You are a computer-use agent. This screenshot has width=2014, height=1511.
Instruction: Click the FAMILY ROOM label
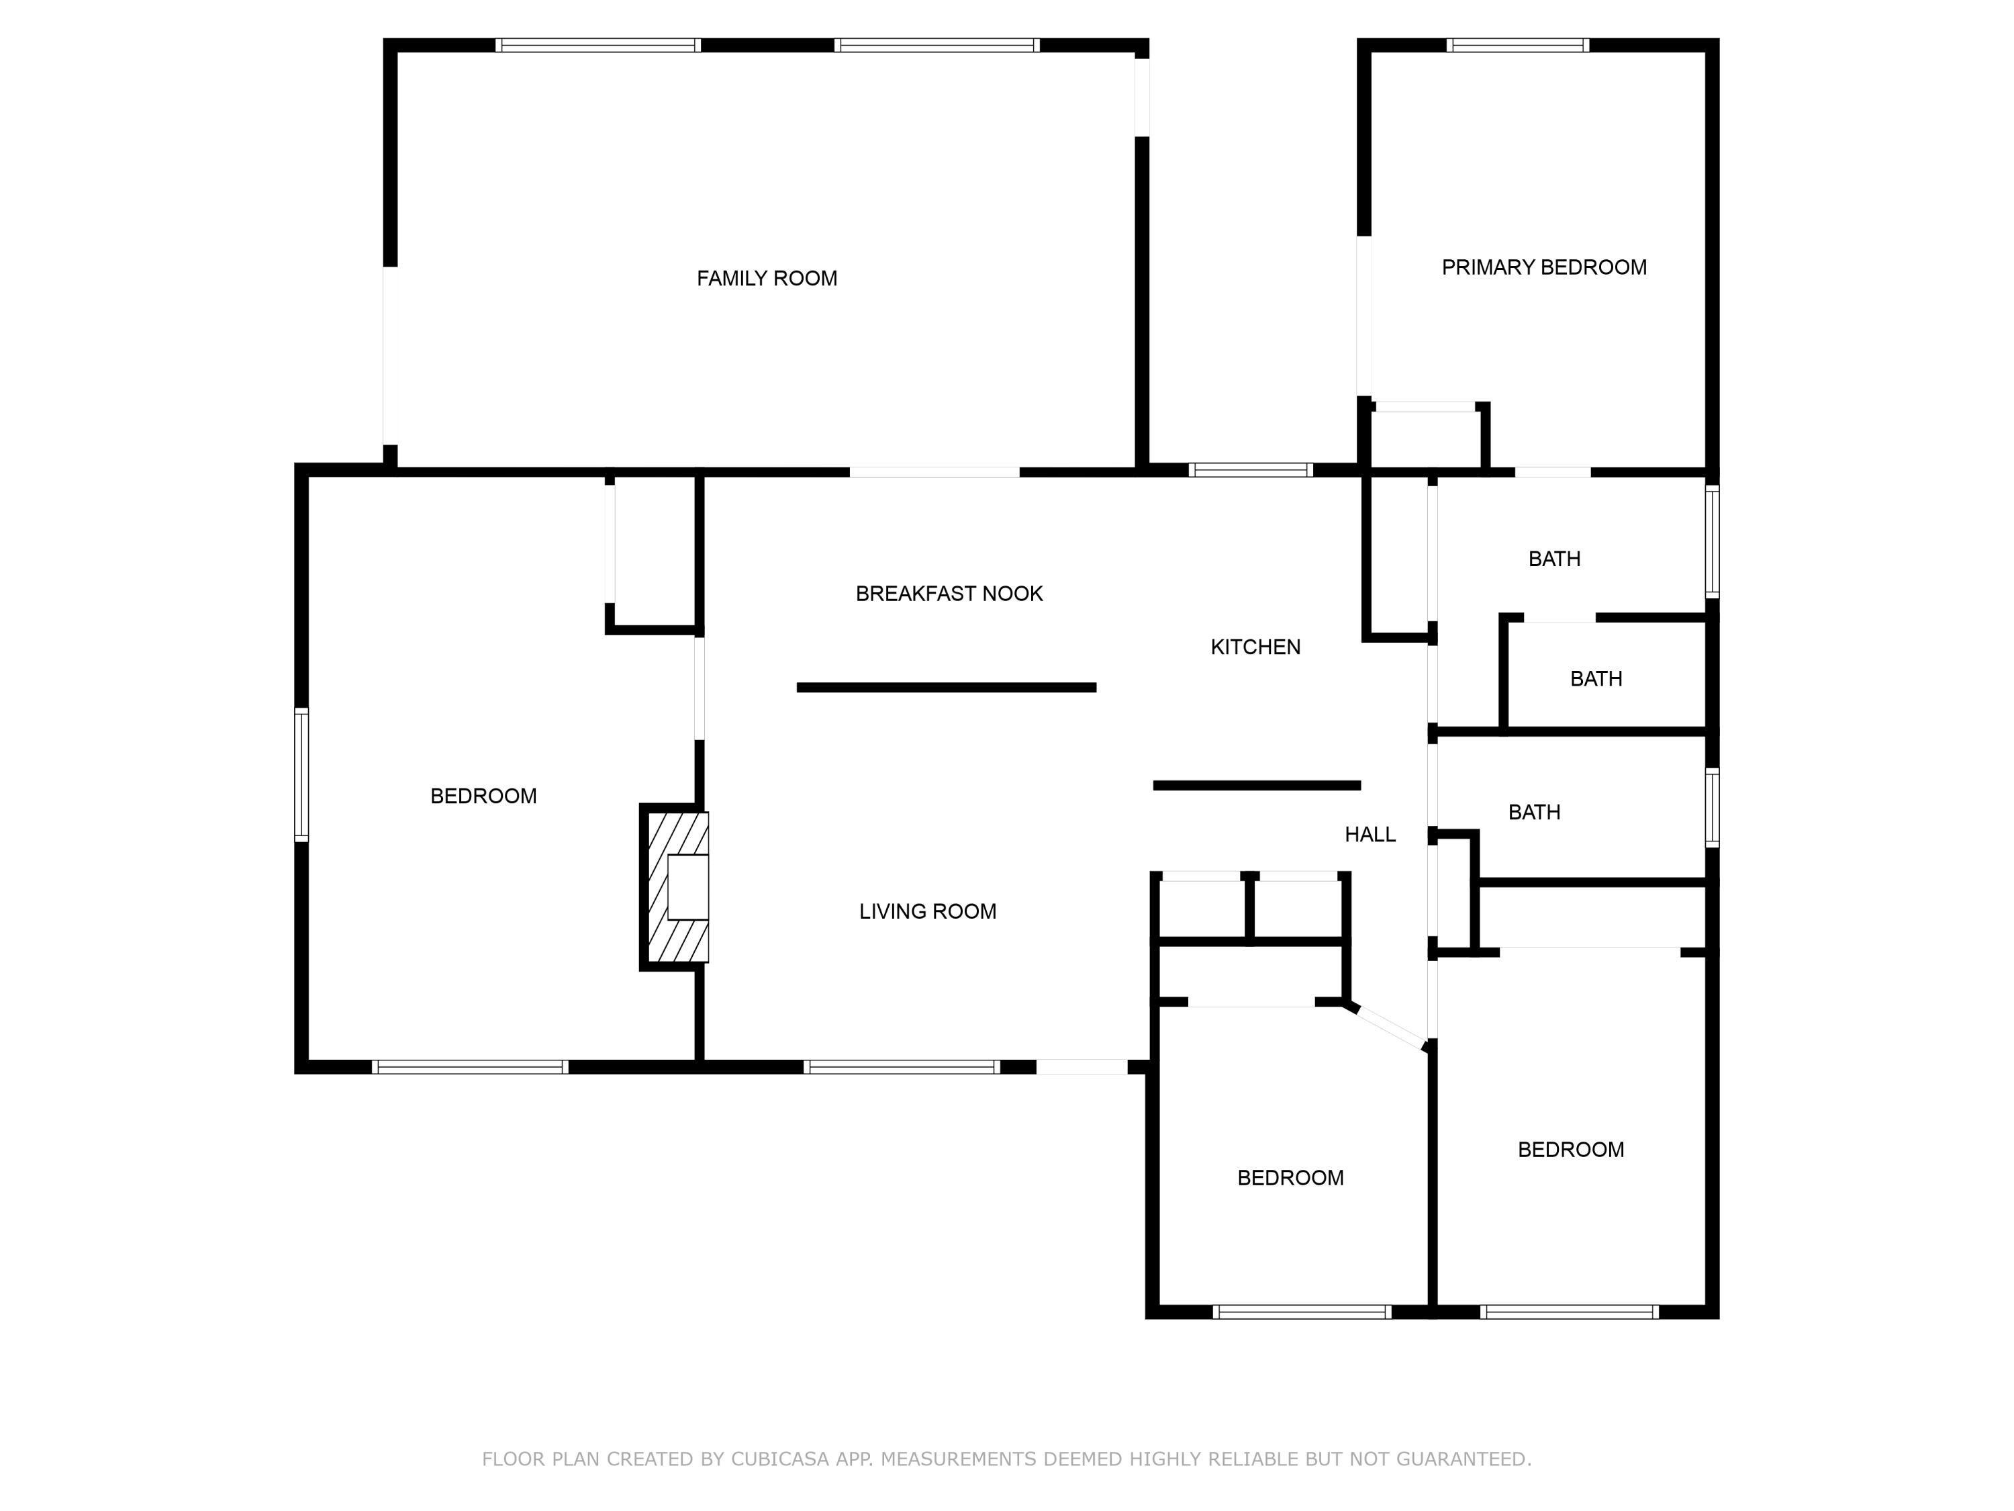click(x=767, y=279)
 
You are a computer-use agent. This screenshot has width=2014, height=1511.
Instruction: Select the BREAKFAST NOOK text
click(x=949, y=594)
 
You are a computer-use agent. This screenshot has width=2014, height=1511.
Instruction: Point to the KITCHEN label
click(x=1255, y=647)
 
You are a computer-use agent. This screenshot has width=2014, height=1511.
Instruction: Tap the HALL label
click(x=1370, y=834)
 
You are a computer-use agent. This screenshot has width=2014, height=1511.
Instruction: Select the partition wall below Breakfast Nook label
click(x=946, y=688)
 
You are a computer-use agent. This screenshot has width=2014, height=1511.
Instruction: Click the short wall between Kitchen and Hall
click(x=1257, y=785)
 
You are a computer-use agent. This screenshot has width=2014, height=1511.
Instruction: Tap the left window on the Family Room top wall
click(x=597, y=44)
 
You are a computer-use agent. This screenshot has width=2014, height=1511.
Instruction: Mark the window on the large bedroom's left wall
click(x=301, y=774)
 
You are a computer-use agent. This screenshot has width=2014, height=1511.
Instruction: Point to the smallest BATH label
click(x=1595, y=678)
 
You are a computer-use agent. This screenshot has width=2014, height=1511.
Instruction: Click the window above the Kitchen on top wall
click(x=1250, y=470)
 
